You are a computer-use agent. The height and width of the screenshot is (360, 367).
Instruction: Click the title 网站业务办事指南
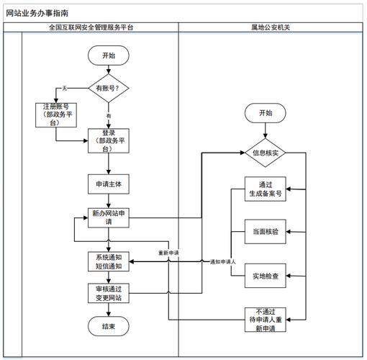click(x=38, y=12)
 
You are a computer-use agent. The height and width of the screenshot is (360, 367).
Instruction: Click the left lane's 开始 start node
click(x=109, y=55)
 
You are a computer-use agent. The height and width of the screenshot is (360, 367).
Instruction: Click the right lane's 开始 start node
click(x=266, y=113)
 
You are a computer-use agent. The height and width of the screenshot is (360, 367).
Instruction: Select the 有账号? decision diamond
click(x=109, y=88)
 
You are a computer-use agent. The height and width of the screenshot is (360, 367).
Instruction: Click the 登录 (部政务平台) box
click(x=109, y=141)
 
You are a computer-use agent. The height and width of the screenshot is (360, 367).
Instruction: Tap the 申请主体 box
click(x=109, y=184)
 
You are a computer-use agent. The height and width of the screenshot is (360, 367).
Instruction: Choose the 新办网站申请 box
click(x=109, y=217)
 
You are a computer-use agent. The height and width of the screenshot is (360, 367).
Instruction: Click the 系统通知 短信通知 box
click(x=109, y=261)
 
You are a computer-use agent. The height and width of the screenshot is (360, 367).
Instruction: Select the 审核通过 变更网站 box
click(x=109, y=293)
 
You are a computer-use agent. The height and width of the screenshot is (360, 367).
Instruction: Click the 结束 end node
click(x=109, y=327)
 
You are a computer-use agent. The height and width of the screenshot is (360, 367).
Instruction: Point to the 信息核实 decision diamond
click(x=266, y=153)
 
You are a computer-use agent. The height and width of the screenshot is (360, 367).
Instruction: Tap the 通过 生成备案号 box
click(x=266, y=189)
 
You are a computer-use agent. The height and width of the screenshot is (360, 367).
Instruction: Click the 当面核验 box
click(x=266, y=232)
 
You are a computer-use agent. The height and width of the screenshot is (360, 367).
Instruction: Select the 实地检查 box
click(x=266, y=275)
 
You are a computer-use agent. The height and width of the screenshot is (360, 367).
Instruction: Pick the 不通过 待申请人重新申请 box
click(x=266, y=319)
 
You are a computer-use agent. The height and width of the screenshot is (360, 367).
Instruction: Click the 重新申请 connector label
click(x=169, y=253)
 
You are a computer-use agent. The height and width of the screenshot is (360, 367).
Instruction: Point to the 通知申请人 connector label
click(x=224, y=262)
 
